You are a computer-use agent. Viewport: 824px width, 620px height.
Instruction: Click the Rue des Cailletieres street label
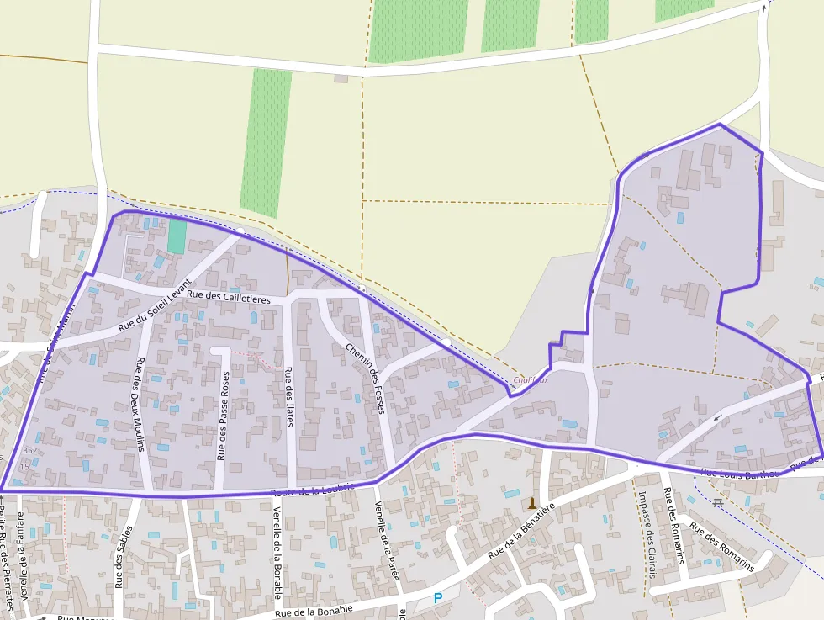[x=229, y=298]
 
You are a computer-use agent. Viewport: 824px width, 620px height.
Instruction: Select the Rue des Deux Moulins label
[x=140, y=404]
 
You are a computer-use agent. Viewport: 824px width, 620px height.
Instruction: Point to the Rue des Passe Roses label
[x=223, y=417]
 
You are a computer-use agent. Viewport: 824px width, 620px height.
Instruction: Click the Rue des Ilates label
[x=288, y=396]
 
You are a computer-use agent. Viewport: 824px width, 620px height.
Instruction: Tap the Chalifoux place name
[x=531, y=379]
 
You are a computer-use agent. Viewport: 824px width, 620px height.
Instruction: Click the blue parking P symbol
[x=437, y=598]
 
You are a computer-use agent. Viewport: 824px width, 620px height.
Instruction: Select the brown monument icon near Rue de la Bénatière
[x=531, y=503]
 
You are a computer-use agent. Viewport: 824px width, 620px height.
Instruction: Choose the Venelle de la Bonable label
[x=277, y=547]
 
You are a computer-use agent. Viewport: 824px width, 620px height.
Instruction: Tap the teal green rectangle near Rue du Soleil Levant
[x=177, y=236]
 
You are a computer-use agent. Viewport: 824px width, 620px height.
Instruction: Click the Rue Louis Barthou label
[x=740, y=473]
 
